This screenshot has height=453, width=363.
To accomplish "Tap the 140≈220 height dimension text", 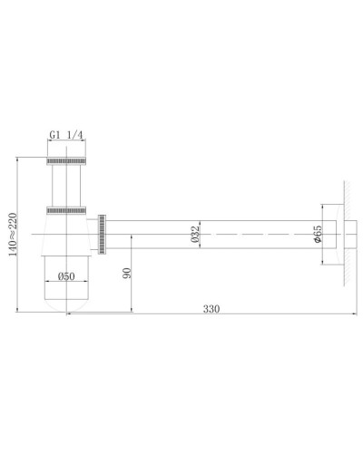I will pos(10,236).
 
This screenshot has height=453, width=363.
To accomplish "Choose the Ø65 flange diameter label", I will pos(317,237).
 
